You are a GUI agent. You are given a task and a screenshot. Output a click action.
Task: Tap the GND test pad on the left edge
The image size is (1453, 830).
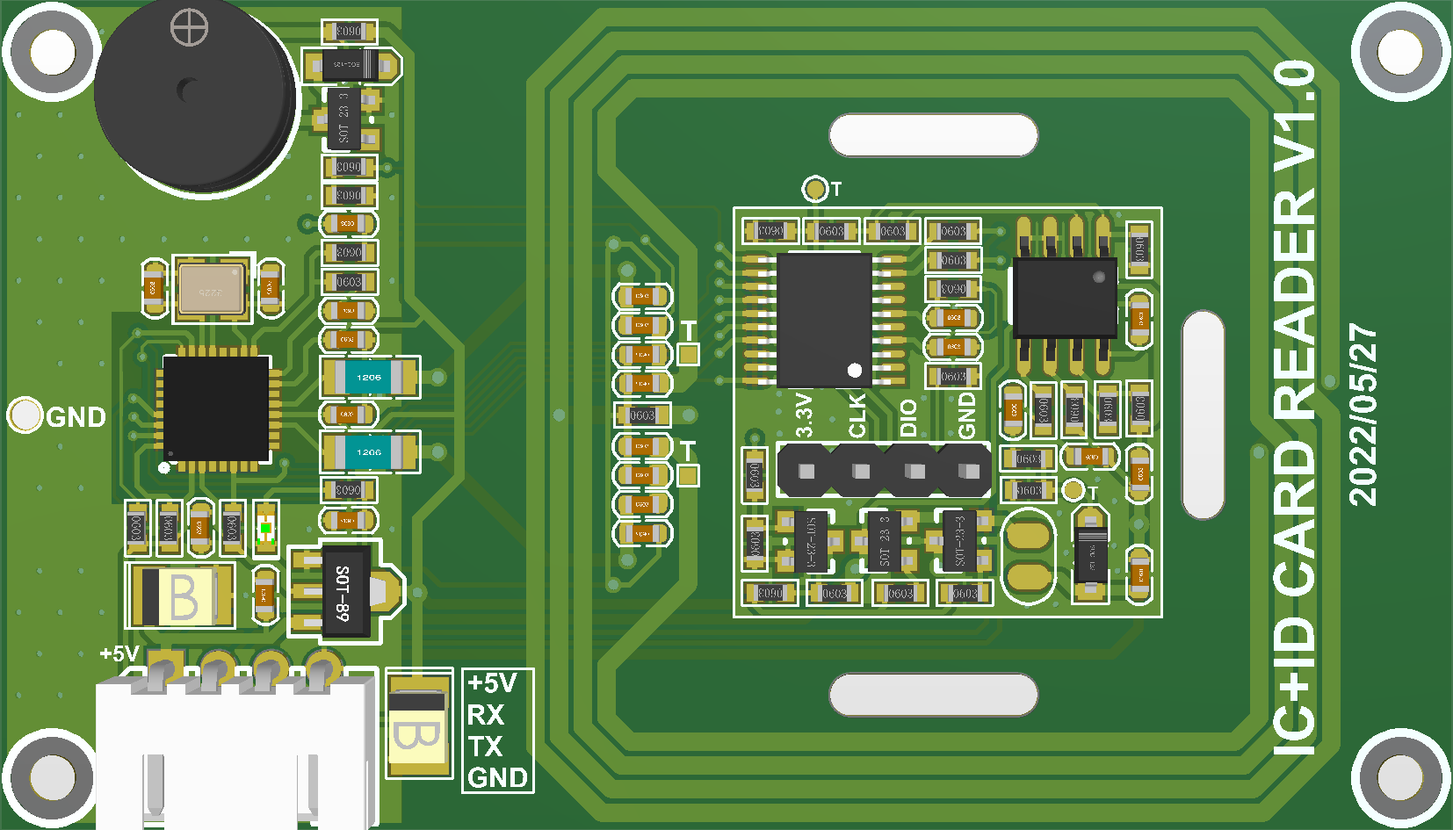pyautogui.click(x=25, y=415)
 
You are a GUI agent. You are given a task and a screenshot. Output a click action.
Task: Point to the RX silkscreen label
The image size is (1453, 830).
pyautogui.click(x=486, y=715)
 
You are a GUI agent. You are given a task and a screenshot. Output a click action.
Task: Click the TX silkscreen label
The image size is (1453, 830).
pyautogui.click(x=486, y=747)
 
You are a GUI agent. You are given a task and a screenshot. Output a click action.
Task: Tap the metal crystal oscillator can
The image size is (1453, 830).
pyautogui.click(x=211, y=289)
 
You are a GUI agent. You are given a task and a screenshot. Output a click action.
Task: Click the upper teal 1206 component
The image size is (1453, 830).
pyautogui.click(x=369, y=378)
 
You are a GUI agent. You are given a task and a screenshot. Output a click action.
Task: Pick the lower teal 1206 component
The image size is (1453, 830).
pyautogui.click(x=369, y=452)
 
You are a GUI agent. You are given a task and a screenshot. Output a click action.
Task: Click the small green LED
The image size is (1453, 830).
pyautogui.click(x=265, y=529)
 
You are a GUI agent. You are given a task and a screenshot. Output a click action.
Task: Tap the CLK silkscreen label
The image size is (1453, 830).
pyautogui.click(x=857, y=415)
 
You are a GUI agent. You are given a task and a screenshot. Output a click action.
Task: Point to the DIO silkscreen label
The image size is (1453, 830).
pyautogui.click(x=908, y=417)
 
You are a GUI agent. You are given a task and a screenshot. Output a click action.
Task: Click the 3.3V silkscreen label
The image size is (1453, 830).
pyautogui.click(x=804, y=415)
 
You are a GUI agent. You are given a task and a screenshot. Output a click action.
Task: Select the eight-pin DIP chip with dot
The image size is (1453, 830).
pyautogui.click(x=1065, y=297)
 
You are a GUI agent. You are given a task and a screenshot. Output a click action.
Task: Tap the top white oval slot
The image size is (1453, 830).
pyautogui.click(x=933, y=135)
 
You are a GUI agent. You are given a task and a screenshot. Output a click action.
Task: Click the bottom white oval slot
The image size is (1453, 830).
pyautogui.click(x=933, y=695)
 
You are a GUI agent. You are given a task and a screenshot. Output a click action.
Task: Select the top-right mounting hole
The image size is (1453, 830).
pyautogui.click(x=1399, y=53)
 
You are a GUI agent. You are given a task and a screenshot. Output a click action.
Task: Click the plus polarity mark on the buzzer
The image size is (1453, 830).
pyautogui.click(x=189, y=27)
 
